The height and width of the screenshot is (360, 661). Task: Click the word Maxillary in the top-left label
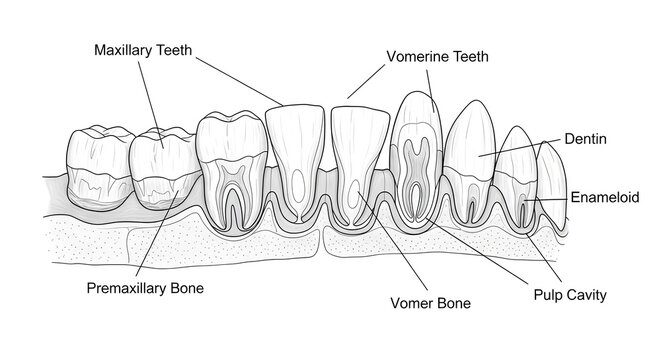click(x=125, y=49)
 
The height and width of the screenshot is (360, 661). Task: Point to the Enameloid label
click(x=604, y=198)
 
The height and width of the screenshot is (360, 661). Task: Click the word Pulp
click(x=550, y=296)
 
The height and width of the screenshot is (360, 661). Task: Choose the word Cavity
click(x=589, y=296)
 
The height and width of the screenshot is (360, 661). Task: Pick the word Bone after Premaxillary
click(x=186, y=289)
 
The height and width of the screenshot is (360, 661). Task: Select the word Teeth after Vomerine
click(x=471, y=57)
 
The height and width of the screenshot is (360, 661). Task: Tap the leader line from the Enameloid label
click(x=550, y=200)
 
